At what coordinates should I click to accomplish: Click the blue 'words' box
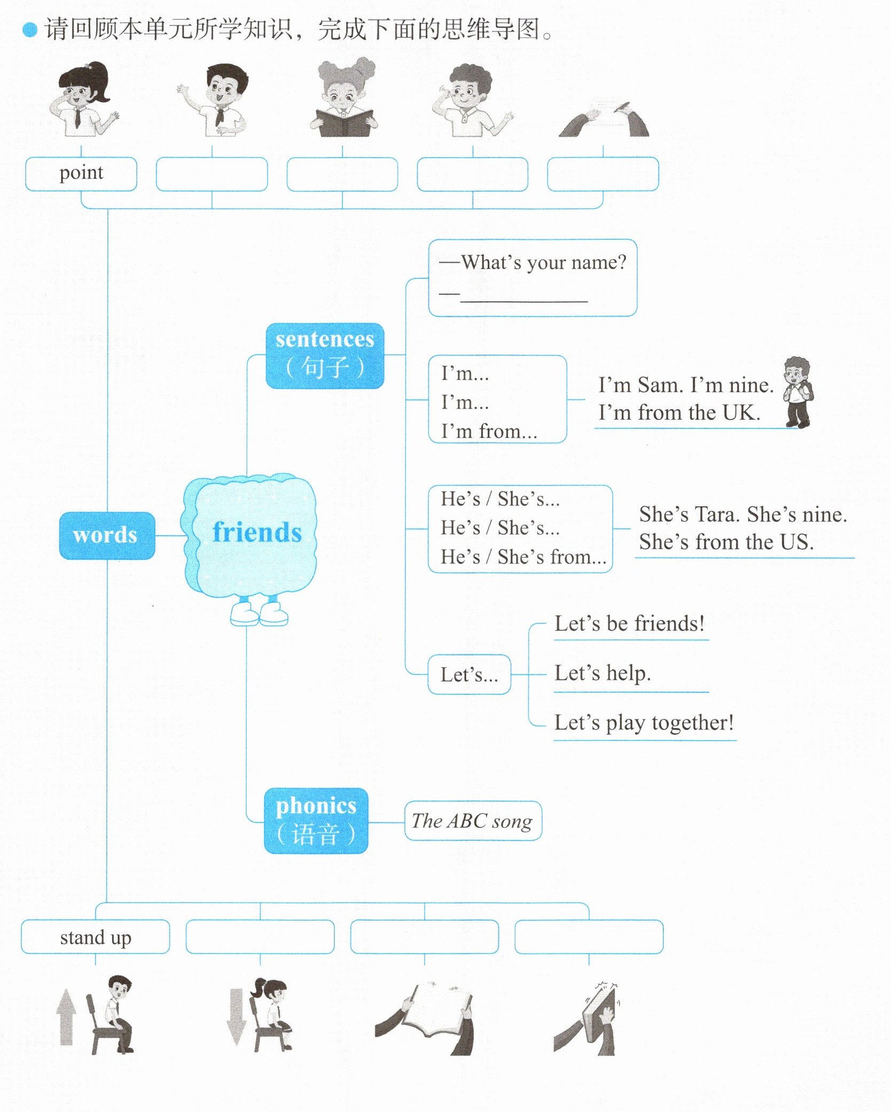pos(107,535)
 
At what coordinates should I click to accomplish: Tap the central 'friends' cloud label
pos(256,532)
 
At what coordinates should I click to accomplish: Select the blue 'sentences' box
pos(325,355)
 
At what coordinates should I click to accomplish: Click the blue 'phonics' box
pos(316,820)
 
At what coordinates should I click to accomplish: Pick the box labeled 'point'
pos(81,174)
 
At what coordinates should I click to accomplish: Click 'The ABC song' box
pos(473,821)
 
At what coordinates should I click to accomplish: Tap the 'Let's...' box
pos(469,675)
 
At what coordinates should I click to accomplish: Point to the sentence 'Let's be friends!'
pos(629,624)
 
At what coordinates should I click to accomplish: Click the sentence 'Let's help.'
pos(603,674)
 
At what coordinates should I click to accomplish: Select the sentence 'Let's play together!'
pos(644,723)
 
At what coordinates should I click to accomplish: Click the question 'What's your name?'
pos(543,262)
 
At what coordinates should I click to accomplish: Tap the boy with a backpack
pos(798,391)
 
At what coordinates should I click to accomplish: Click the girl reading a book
pos(344,99)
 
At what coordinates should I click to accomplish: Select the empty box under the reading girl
pos(342,174)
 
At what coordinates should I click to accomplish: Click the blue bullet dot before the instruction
pos(30,30)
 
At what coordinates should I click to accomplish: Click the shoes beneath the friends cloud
pos(259,614)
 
